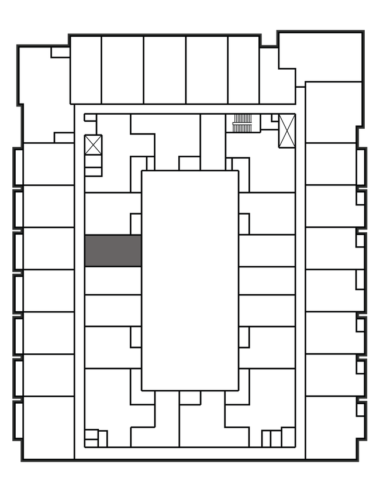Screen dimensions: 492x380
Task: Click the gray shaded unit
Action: click(113, 250)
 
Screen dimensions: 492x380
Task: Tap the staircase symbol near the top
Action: click(242, 123)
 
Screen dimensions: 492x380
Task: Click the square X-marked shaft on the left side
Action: click(94, 144)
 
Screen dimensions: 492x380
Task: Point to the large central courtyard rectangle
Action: click(190, 280)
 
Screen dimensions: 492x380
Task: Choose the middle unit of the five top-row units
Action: click(165, 70)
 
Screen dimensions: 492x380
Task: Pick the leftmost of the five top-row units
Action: click(86, 70)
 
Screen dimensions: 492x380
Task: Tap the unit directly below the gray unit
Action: click(113, 280)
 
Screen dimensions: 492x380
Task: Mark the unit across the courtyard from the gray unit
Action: click(267, 250)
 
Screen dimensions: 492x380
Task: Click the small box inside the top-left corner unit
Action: click(60, 53)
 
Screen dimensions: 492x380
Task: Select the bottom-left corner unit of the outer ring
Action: click(49, 427)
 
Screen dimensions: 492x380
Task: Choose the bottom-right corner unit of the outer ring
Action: click(330, 427)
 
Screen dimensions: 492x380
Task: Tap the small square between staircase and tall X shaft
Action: click(266, 123)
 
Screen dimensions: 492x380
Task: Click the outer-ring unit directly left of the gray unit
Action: click(49, 248)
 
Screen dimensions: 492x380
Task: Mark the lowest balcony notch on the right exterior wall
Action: click(361, 408)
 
